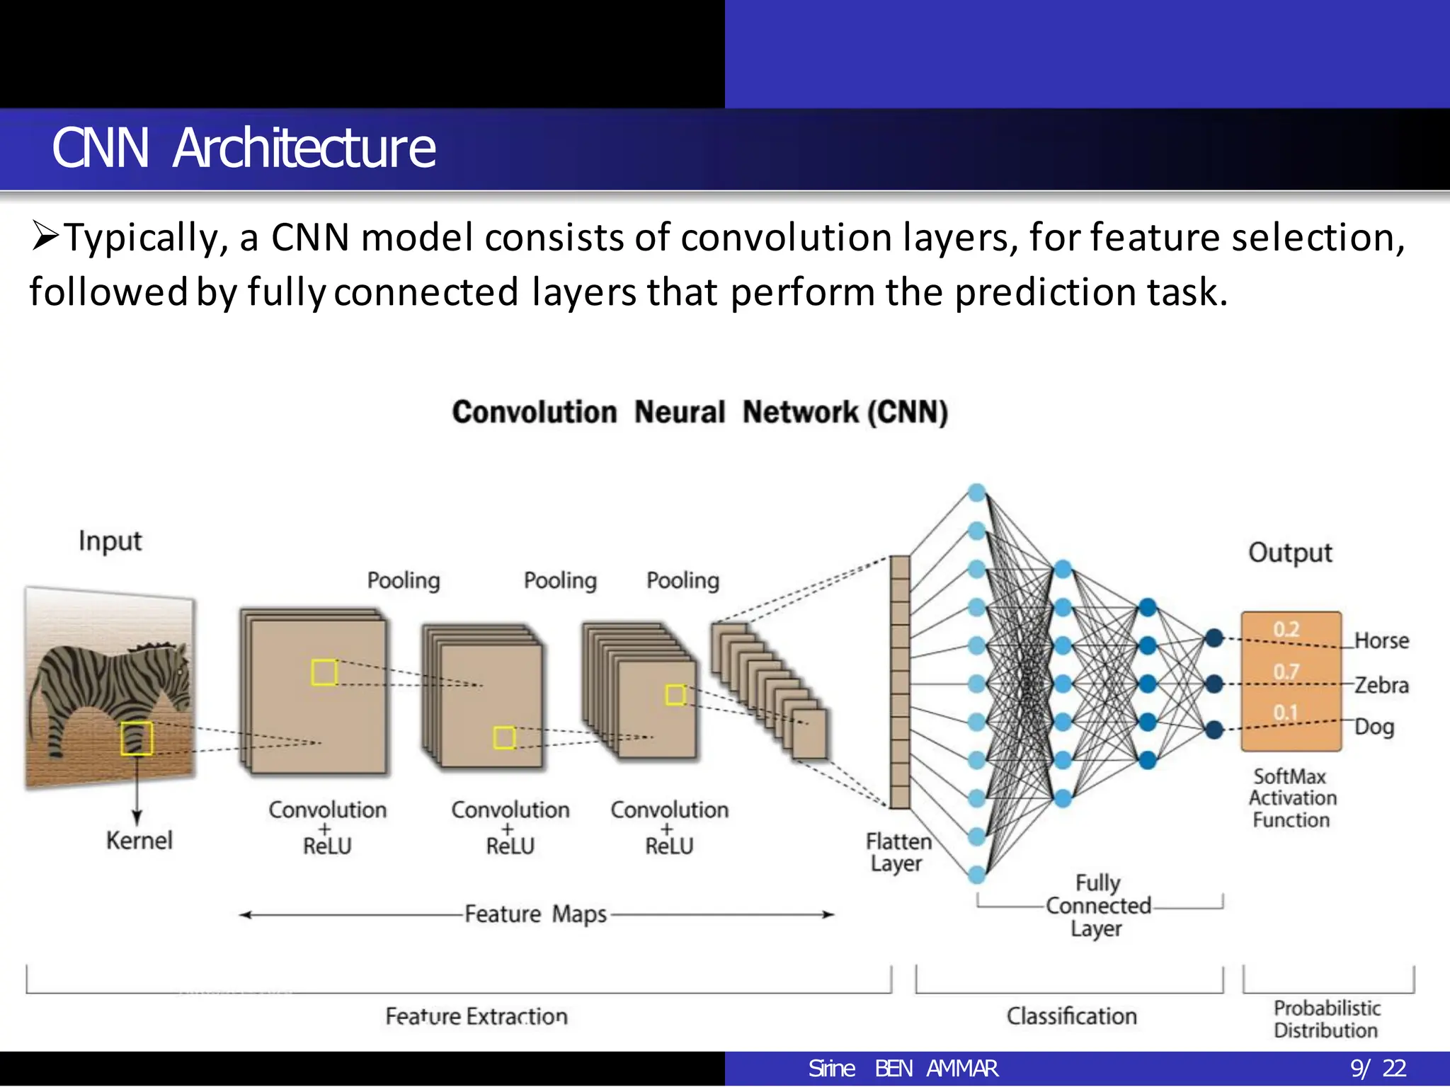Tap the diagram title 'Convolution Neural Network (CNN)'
tap(700, 412)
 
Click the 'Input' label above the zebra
tap(110, 541)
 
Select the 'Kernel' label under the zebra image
tap(139, 841)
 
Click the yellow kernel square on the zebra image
tap(136, 738)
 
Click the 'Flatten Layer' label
tap(898, 852)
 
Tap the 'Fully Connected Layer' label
tap(1098, 906)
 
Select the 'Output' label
tap(1290, 553)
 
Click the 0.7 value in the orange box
tap(1286, 671)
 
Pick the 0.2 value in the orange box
tap(1286, 629)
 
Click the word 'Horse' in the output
tap(1381, 640)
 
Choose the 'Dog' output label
tap(1374, 727)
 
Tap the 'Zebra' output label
tap(1381, 685)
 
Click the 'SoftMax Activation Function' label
tap(1292, 798)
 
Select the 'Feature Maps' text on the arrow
tap(536, 914)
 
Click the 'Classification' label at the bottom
tap(1071, 1016)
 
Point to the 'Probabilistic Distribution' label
tap(1327, 1019)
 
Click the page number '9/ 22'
tap(1378, 1069)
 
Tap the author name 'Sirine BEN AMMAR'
tap(903, 1069)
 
